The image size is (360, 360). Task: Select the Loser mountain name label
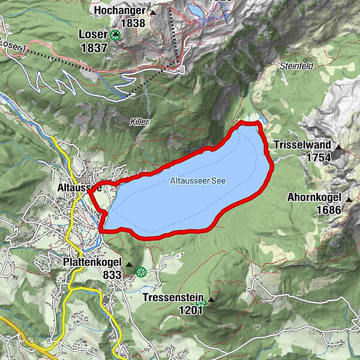[93, 35]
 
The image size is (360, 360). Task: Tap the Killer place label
[139, 122]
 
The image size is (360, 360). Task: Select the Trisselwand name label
[302, 145]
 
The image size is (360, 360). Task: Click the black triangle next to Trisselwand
[338, 146]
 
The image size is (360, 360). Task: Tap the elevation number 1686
[330, 210]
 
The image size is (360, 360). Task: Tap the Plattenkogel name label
[92, 263]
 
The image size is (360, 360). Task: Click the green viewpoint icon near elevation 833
[141, 272]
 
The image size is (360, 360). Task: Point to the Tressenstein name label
[173, 298]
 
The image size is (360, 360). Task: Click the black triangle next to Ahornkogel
[349, 199]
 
